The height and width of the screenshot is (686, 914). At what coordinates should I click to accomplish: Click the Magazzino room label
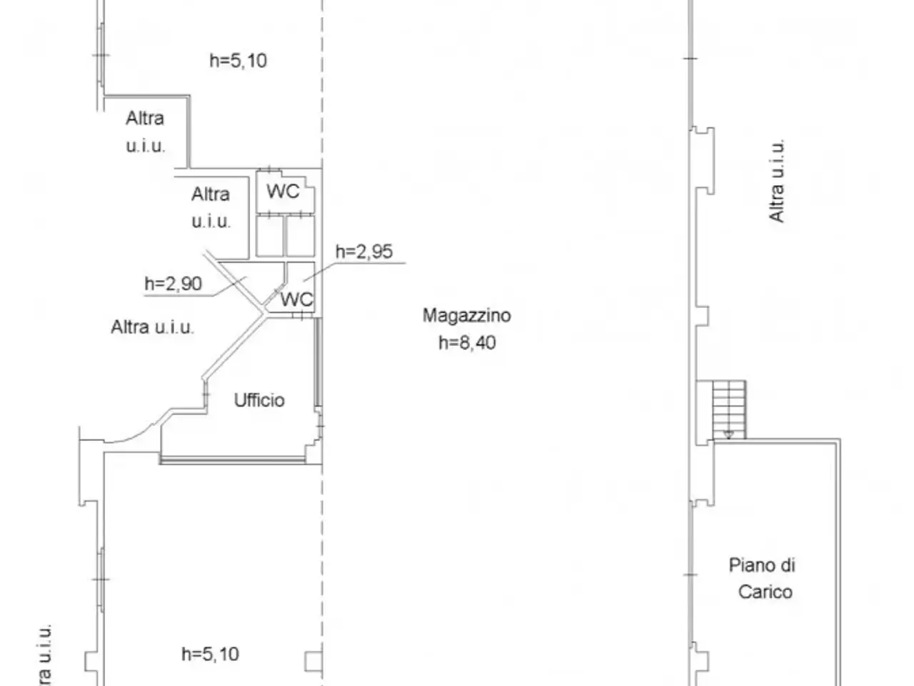(x=466, y=315)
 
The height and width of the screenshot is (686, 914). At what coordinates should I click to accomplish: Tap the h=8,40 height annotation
(x=467, y=343)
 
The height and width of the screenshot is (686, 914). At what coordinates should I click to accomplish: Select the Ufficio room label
(x=259, y=400)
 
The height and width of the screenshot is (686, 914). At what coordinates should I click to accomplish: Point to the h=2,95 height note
(x=364, y=252)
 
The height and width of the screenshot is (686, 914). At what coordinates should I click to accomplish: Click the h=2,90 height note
(x=174, y=284)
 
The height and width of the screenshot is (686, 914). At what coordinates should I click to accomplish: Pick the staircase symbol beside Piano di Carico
(x=729, y=409)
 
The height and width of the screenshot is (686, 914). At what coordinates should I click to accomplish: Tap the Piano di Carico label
(x=763, y=579)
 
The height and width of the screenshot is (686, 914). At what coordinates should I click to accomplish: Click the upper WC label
(x=283, y=192)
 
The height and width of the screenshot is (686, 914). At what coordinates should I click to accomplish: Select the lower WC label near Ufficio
(x=296, y=299)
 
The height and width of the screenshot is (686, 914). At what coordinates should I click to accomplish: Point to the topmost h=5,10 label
(x=238, y=61)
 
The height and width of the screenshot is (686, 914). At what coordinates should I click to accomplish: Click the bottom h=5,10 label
(x=210, y=654)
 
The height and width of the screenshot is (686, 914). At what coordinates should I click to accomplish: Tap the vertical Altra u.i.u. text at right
(x=777, y=181)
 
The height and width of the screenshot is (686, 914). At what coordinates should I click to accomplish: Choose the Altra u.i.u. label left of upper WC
(x=211, y=207)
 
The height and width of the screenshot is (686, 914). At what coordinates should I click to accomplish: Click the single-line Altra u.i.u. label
(x=152, y=327)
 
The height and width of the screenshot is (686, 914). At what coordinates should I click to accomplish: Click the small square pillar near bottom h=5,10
(x=313, y=662)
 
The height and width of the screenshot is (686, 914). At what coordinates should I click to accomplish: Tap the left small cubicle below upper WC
(x=269, y=236)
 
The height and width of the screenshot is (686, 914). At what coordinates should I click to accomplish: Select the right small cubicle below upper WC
(x=301, y=236)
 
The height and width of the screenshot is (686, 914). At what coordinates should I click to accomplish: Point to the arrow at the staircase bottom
(x=729, y=434)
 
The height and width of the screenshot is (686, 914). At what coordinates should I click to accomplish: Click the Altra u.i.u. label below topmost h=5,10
(x=146, y=132)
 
